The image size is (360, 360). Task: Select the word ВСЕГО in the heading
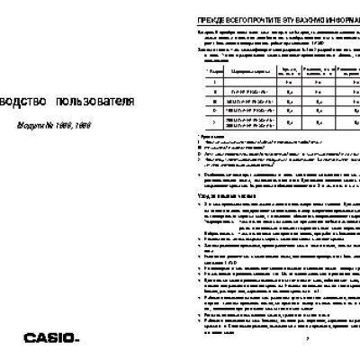click(228, 19)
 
